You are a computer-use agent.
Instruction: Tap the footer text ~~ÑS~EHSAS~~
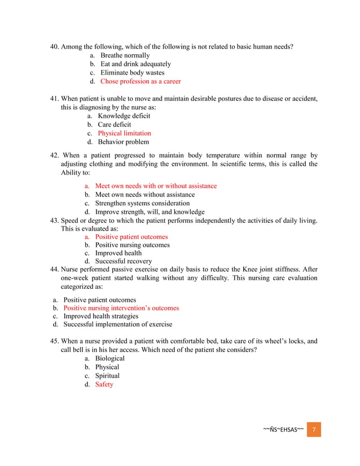click(x=283, y=429)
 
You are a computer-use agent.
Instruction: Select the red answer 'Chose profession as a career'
click(x=141, y=81)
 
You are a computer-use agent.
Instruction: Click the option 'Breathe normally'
click(x=125, y=55)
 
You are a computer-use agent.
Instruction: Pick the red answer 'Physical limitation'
click(x=124, y=133)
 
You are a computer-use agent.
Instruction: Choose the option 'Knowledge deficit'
click(x=124, y=116)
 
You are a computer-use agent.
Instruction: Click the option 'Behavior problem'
click(x=123, y=142)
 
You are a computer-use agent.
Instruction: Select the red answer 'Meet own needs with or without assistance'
click(x=155, y=186)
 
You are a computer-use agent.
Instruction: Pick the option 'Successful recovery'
click(x=123, y=261)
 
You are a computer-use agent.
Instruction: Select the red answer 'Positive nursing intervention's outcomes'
click(x=121, y=308)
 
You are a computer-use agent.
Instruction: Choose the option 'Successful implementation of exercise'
click(x=117, y=324)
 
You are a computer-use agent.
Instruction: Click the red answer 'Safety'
click(x=104, y=384)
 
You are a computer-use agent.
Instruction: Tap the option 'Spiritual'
click(x=107, y=376)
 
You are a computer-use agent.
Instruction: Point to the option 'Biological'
click(x=109, y=359)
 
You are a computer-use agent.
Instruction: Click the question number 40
click(x=55, y=46)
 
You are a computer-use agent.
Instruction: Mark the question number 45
click(x=55, y=341)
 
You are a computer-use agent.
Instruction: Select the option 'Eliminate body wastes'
click(x=132, y=73)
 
